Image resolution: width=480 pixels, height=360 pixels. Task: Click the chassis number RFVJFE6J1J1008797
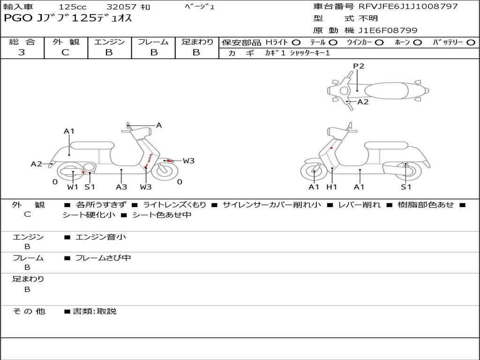pyautogui.click(x=408, y=6)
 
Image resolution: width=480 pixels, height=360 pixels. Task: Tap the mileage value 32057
pyautogui.click(x=121, y=7)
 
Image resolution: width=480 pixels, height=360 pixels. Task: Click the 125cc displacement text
pyautogui.click(x=73, y=7)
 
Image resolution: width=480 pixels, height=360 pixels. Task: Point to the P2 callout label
pyautogui.click(x=359, y=66)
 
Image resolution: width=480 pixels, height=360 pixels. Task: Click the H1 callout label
pyautogui.click(x=331, y=187)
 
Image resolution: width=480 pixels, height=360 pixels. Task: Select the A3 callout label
pyautogui.click(x=121, y=187)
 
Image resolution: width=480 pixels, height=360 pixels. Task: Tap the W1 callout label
pyautogui.click(x=73, y=187)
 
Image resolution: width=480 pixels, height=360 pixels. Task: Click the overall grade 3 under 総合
pyautogui.click(x=22, y=52)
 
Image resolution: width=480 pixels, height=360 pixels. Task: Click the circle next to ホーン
pyautogui.click(x=417, y=43)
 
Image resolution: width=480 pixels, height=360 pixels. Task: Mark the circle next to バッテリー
pyautogui.click(x=471, y=43)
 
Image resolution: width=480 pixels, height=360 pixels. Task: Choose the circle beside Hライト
pyautogui.click(x=296, y=43)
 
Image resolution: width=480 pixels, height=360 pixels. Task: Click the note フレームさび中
pyautogui.click(x=103, y=258)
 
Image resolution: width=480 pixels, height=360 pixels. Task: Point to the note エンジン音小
pyautogui.click(x=101, y=237)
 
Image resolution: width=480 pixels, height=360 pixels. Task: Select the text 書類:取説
pyautogui.click(x=95, y=311)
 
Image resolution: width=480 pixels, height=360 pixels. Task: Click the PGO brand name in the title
pyautogui.click(x=18, y=18)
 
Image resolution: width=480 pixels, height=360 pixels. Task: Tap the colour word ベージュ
pyautogui.click(x=200, y=7)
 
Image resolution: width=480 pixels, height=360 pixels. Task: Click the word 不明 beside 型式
pyautogui.click(x=368, y=18)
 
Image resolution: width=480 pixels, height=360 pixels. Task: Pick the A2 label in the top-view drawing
pyautogui.click(x=363, y=102)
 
